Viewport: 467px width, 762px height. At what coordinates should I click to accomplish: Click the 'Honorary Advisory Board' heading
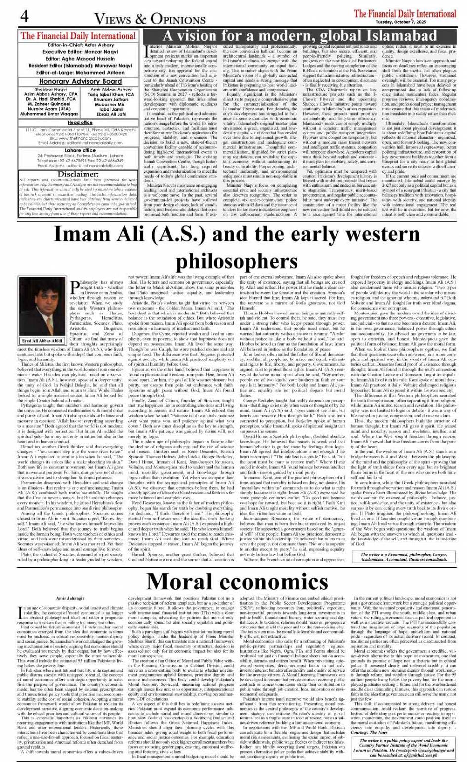coord(80,81)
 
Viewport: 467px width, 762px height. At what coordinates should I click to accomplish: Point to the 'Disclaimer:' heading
coord(78,174)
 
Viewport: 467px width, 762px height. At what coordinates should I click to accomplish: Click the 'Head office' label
coord(80,122)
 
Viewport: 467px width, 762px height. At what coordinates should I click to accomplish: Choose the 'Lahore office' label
coord(80,150)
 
